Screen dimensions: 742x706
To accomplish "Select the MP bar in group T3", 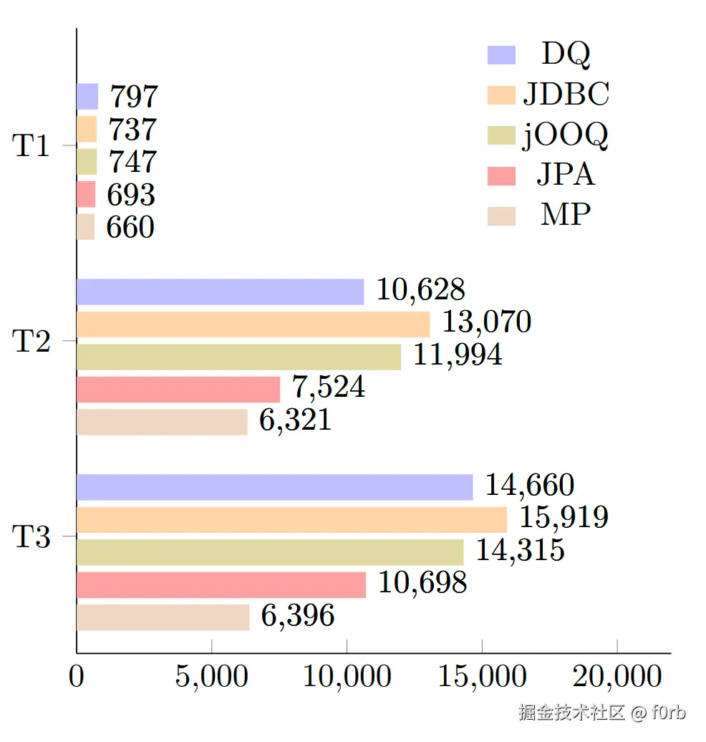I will click(x=163, y=617).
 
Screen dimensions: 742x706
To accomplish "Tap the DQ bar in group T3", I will click(x=274, y=487).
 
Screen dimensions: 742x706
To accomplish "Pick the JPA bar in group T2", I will click(x=178, y=390).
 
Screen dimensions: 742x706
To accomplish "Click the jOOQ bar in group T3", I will click(x=269, y=552).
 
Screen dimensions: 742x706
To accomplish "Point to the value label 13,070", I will click(x=486, y=322).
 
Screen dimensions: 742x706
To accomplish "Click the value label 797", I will click(x=133, y=97).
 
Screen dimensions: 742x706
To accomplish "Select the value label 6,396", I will click(x=297, y=615).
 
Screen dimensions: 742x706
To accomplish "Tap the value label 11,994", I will click(x=458, y=355).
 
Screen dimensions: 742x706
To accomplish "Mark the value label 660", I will click(x=130, y=228).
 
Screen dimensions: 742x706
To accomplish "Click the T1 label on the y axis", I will click(x=32, y=146).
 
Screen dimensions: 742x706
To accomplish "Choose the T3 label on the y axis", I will click(x=32, y=536).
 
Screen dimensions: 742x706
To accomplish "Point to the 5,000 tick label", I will click(x=212, y=677).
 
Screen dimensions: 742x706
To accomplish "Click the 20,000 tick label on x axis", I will click(x=617, y=677).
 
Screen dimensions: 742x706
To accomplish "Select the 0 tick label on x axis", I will click(x=77, y=677).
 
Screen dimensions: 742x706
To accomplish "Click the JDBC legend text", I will click(x=566, y=94).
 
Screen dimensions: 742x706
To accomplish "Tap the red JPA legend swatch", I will click(x=501, y=175).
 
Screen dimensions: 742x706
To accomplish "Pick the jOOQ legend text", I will click(x=566, y=135).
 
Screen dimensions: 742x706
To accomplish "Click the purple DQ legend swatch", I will click(x=501, y=55).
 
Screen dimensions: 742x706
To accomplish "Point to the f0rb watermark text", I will click(x=668, y=713).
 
